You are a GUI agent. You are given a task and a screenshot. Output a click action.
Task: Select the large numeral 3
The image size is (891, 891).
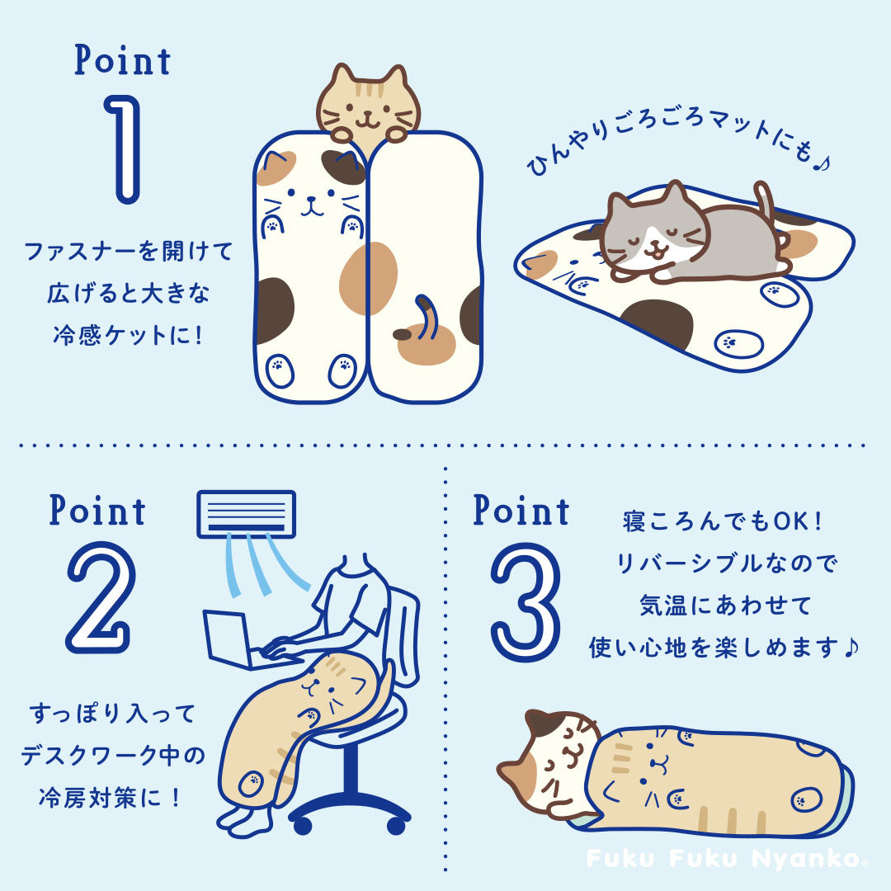point(526,603)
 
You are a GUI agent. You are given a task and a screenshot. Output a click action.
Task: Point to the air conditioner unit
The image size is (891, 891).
point(246,514)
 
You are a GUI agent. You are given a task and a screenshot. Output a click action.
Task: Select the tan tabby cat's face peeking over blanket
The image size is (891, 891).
point(368,106)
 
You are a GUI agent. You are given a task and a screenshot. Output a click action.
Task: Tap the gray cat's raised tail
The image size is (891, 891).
point(766,199)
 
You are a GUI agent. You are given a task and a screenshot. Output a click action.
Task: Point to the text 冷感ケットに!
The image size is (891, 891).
point(129,335)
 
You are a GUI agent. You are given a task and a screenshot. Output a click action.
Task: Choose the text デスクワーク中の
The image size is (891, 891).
point(112,756)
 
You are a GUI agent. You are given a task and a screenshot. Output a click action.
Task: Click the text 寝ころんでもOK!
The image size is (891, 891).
point(722,521)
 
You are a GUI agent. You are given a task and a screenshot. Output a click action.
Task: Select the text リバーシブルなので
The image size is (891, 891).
point(727,563)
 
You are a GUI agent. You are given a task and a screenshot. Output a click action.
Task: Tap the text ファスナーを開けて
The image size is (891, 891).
point(129,251)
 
